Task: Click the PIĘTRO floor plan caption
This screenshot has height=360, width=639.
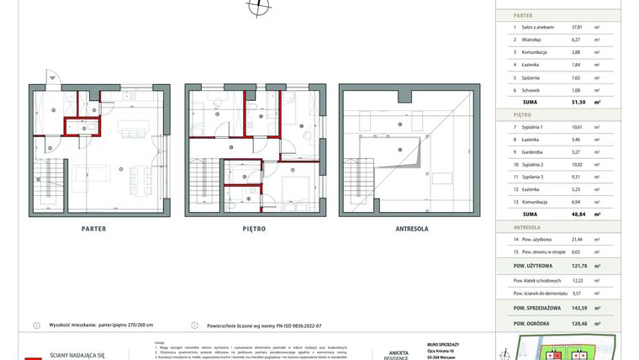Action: (x=254, y=228)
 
